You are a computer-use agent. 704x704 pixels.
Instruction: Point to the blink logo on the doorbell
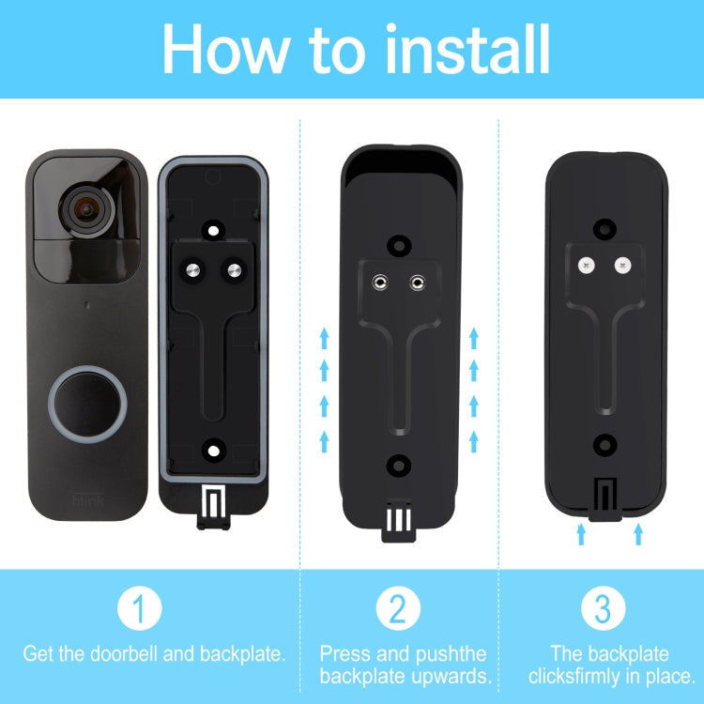(88, 502)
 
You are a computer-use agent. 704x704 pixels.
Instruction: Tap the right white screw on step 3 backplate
(621, 266)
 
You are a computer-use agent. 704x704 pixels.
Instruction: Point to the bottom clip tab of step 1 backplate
(214, 506)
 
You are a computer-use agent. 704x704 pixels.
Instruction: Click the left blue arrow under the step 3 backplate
(581, 534)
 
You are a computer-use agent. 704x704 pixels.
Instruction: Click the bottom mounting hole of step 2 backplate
(400, 463)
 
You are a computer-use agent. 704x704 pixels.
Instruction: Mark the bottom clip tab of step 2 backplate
(398, 522)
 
